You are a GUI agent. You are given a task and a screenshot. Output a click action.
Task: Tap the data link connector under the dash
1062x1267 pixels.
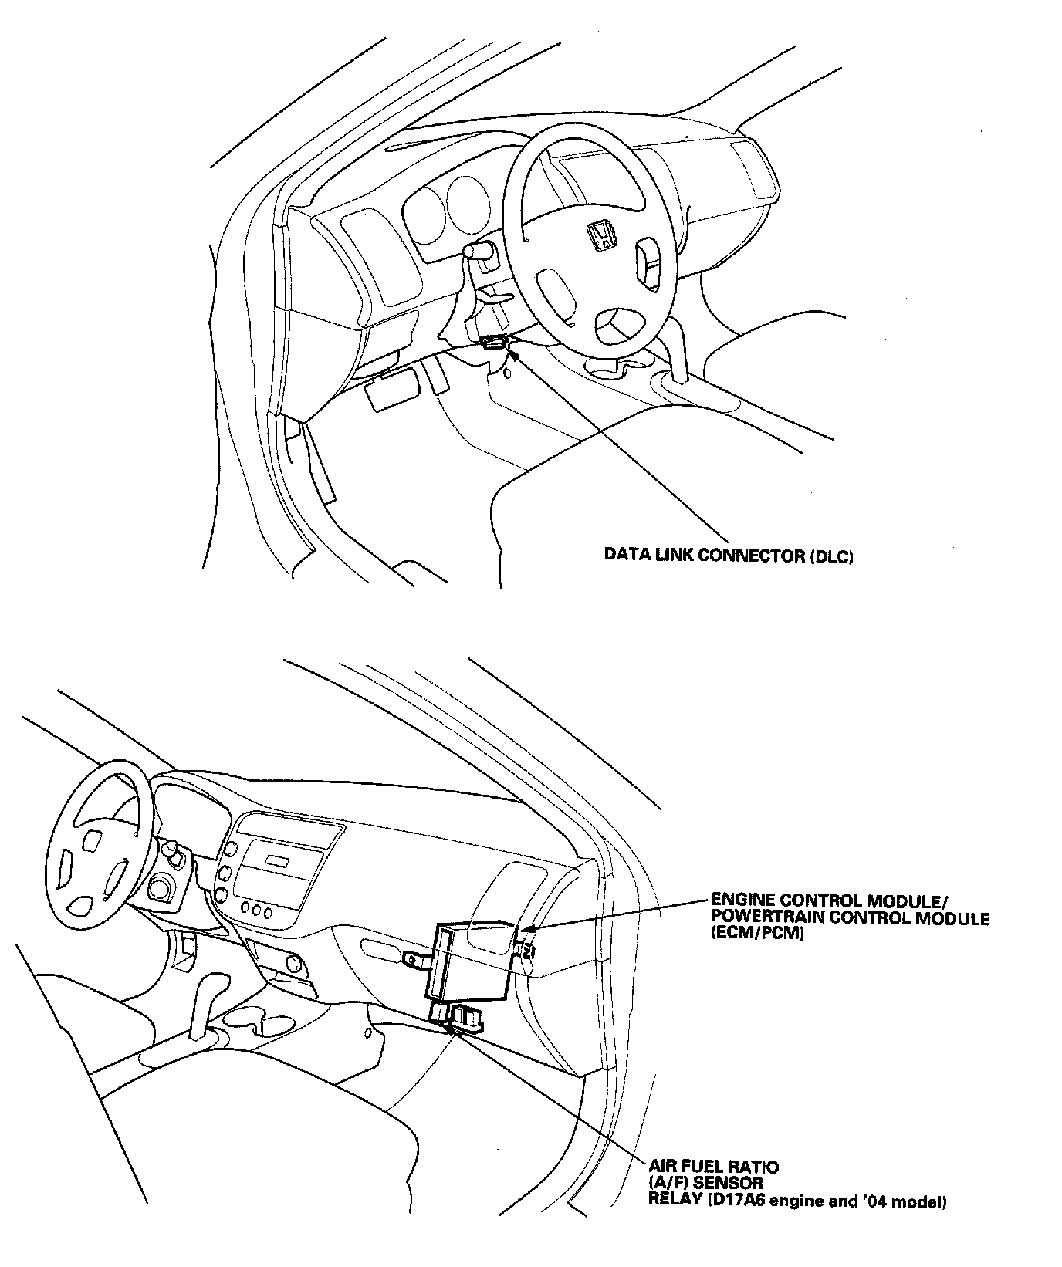(493, 343)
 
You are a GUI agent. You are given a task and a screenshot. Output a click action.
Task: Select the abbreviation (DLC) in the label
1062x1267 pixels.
(832, 556)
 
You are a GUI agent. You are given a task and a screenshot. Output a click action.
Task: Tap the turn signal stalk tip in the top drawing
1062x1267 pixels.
(474, 251)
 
